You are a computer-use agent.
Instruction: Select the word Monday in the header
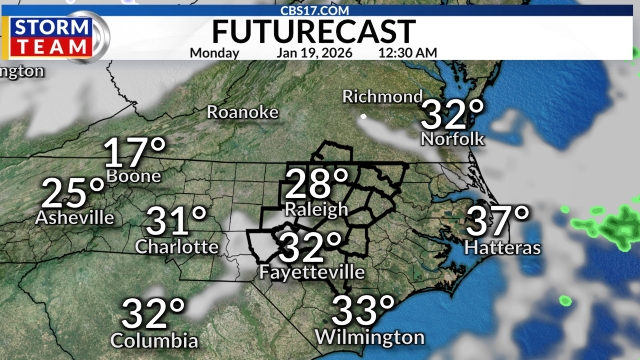[x=214, y=52]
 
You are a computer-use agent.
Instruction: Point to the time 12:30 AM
[x=407, y=52]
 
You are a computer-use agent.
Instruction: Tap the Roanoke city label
[x=242, y=112]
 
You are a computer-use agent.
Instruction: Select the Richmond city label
[x=382, y=97]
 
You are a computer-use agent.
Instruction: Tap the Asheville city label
[x=74, y=217]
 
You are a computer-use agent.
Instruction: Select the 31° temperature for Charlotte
[x=176, y=221]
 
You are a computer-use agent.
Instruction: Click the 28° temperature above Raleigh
[x=316, y=184]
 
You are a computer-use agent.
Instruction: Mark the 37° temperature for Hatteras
[x=498, y=220]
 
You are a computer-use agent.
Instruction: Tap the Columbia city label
[x=154, y=340]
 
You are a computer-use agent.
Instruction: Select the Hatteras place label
[x=503, y=246]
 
